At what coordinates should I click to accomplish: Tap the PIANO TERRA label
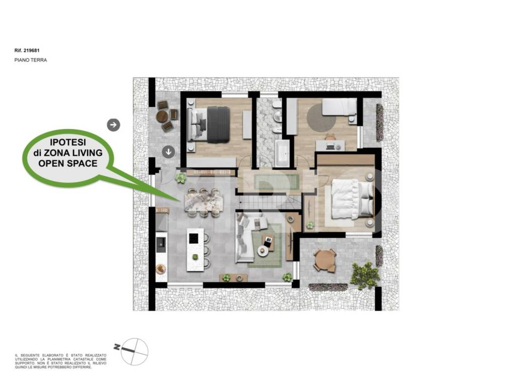pyautogui.click(x=31, y=60)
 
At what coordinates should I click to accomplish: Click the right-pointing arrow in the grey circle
pyautogui.click(x=113, y=125)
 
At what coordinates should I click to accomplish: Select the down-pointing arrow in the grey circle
pyautogui.click(x=169, y=152)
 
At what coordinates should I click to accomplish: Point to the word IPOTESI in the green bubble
pyautogui.click(x=68, y=142)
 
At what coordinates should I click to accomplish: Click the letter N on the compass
pyautogui.click(x=117, y=347)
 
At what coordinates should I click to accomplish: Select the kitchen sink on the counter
pyautogui.click(x=161, y=243)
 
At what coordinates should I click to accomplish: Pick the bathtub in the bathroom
pyautogui.click(x=282, y=153)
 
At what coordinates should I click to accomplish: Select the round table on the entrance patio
pyautogui.click(x=163, y=116)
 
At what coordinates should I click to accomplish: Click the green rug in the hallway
pyautogui.click(x=277, y=181)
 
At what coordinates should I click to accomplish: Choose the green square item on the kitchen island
pyautogui.click(x=195, y=256)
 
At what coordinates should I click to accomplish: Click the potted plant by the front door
pyautogui.click(x=180, y=178)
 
